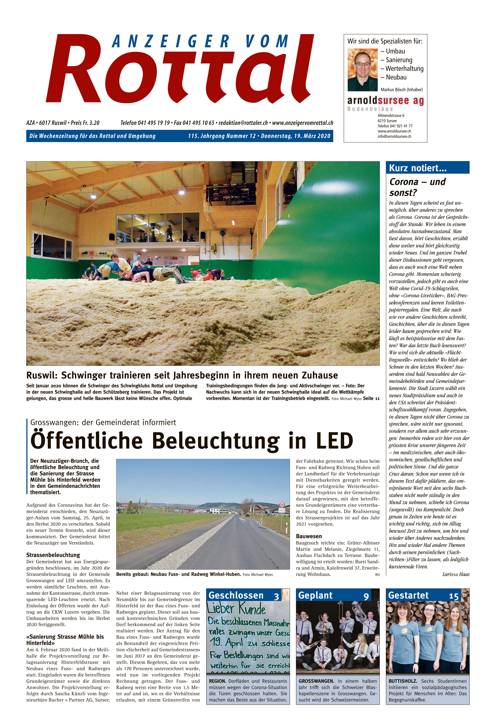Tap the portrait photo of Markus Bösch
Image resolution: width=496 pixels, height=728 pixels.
[x=362, y=70]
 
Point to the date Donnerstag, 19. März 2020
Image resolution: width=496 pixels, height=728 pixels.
[x=296, y=136]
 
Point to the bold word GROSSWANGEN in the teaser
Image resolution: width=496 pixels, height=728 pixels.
[x=316, y=681]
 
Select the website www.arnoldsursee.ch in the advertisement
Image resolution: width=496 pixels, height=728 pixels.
[x=394, y=131]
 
